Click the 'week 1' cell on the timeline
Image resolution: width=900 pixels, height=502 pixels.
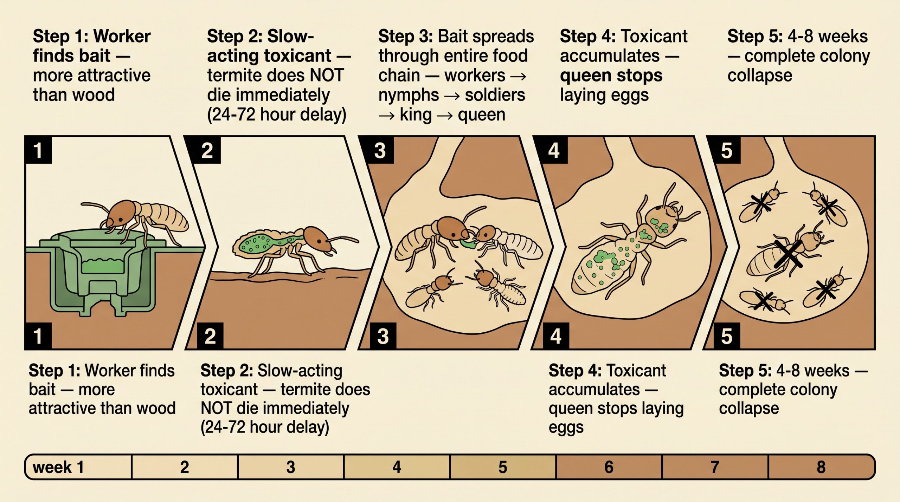pyautogui.click(x=78, y=467)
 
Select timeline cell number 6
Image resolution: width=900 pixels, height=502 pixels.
pyautogui.click(x=609, y=467)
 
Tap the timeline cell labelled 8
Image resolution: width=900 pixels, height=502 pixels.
pyautogui.click(x=822, y=467)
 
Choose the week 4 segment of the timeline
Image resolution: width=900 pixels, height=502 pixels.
pyautogui.click(x=397, y=467)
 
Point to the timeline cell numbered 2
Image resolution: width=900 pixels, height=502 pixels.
pyautogui.click(x=185, y=467)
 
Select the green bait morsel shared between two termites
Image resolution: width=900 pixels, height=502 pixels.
pyautogui.click(x=468, y=243)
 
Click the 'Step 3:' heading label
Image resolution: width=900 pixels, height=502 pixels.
pyautogui.click(x=405, y=37)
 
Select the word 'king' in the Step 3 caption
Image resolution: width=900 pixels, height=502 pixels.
pyautogui.click(x=416, y=115)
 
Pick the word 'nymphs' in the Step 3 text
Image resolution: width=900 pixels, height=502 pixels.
pyautogui.click(x=409, y=95)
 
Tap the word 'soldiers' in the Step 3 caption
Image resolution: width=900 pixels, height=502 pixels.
pyautogui.click(x=495, y=95)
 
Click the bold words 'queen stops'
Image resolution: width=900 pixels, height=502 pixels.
pyautogui.click(x=611, y=76)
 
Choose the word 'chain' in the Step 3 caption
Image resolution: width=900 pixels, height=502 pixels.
pyautogui.click(x=399, y=76)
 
